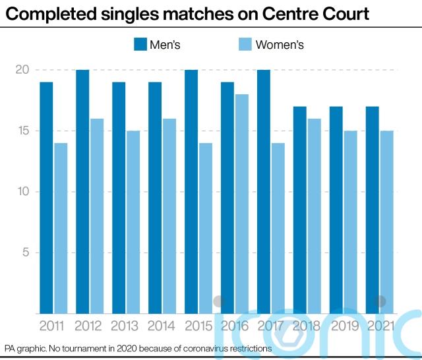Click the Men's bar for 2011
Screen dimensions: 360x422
pos(46,198)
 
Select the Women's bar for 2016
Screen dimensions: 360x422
pos(243,204)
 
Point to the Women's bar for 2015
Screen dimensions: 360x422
pos(206,228)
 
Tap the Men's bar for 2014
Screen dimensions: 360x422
pos(155,198)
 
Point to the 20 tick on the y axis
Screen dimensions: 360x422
pos(22,70)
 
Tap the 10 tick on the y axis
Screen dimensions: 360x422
pos(22,192)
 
